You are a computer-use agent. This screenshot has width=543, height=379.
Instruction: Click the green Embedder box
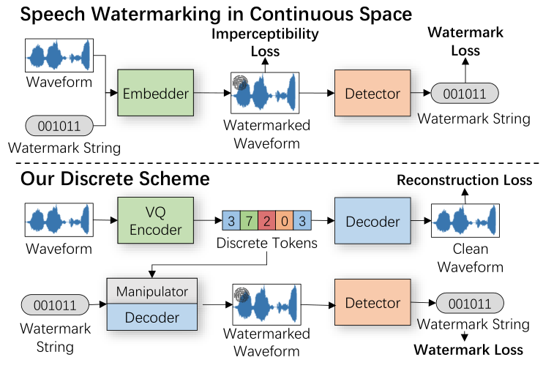tap(155, 93)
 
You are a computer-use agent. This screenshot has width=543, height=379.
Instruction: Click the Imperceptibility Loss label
tap(265, 42)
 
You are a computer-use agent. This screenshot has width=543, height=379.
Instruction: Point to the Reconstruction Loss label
tap(465, 180)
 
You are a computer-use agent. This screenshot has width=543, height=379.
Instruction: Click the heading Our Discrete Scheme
tap(115, 179)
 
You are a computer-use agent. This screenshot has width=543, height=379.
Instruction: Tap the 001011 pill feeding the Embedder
tap(59, 125)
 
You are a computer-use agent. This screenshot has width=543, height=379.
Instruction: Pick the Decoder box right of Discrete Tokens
tap(372, 220)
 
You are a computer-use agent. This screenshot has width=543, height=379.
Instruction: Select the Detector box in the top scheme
tap(372, 93)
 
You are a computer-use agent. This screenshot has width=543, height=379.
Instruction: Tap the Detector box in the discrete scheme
tap(372, 303)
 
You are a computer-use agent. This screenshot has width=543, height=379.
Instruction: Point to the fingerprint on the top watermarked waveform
tap(241, 84)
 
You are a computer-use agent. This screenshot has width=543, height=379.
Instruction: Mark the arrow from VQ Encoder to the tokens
tap(207, 219)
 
